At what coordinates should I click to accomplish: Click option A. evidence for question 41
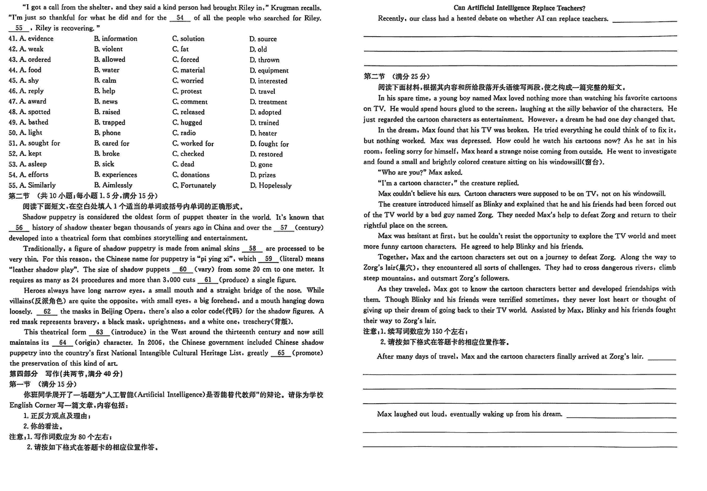click(x=36, y=39)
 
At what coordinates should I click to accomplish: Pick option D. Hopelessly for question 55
click(x=270, y=185)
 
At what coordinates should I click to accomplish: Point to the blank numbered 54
click(x=179, y=18)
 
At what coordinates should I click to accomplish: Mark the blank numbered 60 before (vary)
click(x=182, y=269)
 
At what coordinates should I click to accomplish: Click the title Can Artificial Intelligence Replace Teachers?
click(x=519, y=8)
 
